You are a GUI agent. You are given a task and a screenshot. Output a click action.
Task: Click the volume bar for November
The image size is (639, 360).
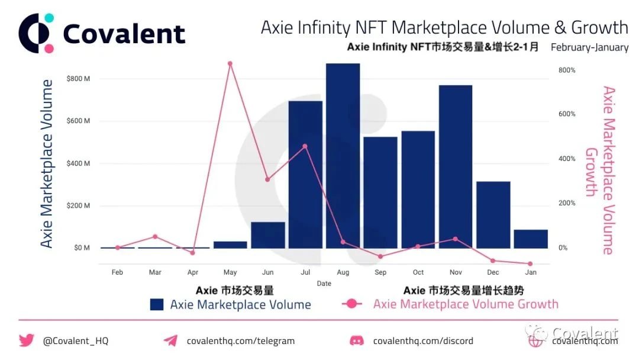pos(456,166)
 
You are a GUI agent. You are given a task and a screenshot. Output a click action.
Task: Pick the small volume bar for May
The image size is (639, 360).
pos(230,245)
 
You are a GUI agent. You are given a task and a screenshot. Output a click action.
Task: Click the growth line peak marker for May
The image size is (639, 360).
pos(230,63)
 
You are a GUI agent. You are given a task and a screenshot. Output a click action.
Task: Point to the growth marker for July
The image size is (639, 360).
pos(305,146)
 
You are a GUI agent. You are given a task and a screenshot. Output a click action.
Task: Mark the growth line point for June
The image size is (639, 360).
pos(267,179)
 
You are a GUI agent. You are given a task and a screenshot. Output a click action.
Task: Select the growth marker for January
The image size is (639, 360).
pos(530,263)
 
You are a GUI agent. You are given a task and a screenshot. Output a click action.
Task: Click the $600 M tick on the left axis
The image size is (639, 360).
pos(78,121)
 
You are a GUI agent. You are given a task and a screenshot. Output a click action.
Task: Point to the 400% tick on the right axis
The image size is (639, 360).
pos(566,159)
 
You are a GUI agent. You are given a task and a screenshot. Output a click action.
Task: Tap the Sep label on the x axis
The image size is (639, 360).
pos(380,272)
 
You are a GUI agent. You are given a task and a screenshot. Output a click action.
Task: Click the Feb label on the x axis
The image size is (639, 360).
pos(117,272)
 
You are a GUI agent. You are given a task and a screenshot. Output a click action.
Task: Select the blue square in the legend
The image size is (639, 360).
pos(156,304)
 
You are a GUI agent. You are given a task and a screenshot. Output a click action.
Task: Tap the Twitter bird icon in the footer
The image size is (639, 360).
pos(27,340)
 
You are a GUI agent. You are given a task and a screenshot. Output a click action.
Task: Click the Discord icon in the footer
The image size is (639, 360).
pos(357,340)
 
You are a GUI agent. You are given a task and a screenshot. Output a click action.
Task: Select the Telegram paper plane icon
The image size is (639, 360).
pos(170,340)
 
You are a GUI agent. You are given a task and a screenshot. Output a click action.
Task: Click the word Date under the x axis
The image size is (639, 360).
pos(324,284)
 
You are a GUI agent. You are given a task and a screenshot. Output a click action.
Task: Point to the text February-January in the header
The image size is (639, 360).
pos(589,47)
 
